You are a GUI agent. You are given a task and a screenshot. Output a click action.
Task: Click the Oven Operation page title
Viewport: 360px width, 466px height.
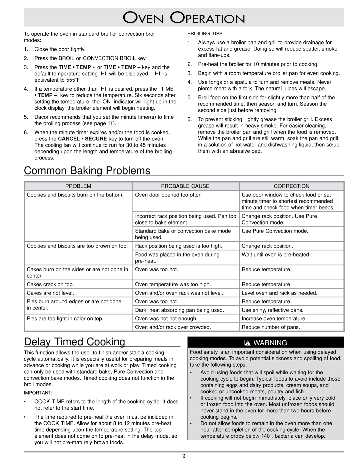coord(184,18)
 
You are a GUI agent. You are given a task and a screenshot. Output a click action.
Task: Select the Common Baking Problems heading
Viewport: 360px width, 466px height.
coord(87,170)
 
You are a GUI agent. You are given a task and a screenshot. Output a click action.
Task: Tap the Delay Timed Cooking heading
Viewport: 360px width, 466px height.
coord(74,342)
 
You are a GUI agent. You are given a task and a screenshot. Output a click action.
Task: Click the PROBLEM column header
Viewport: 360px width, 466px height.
coord(78,186)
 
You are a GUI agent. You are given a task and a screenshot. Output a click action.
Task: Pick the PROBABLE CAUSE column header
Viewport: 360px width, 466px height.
coord(185,186)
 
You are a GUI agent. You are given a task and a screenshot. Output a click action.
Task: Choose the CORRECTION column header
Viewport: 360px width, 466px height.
coord(292,186)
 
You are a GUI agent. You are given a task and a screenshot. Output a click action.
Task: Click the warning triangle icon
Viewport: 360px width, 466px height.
coord(249,343)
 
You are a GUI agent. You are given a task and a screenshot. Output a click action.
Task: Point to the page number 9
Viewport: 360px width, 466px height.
coord(184,456)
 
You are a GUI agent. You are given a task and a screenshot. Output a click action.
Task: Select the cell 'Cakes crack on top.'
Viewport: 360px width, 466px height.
coord(50,284)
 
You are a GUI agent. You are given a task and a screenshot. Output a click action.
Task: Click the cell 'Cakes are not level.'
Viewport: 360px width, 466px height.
coord(50,293)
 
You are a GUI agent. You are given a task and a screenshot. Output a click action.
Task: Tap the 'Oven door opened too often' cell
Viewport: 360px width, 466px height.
coord(168,195)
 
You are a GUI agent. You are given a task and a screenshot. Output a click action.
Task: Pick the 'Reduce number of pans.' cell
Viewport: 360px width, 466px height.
coord(271,327)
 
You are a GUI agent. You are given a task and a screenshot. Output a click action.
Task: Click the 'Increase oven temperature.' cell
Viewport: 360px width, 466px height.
coord(274,319)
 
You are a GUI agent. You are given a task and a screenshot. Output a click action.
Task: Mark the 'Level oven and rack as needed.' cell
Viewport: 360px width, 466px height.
coord(279,293)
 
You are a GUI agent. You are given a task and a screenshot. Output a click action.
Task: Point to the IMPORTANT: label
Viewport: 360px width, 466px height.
coord(38,393)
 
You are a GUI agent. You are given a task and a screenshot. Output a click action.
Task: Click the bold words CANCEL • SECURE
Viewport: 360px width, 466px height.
coord(83,139)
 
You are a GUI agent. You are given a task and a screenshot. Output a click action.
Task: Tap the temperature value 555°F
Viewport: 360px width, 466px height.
coord(74,80)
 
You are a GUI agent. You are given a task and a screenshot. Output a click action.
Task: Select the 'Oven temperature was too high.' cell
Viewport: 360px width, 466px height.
coord(173,284)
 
